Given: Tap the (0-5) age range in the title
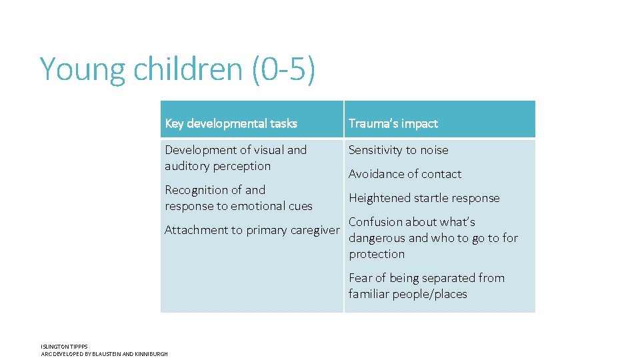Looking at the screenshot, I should [283, 69].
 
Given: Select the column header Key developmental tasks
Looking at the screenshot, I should [231, 123].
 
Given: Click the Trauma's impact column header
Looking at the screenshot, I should [393, 123].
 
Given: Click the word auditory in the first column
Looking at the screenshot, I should [188, 166].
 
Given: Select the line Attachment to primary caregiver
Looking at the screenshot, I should [252, 230].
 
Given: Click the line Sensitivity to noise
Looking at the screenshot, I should [399, 150].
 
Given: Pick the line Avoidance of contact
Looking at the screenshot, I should [405, 174].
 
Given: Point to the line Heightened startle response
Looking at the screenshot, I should [424, 198].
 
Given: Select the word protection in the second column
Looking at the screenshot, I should [377, 254].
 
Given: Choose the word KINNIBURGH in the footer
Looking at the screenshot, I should [153, 354].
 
